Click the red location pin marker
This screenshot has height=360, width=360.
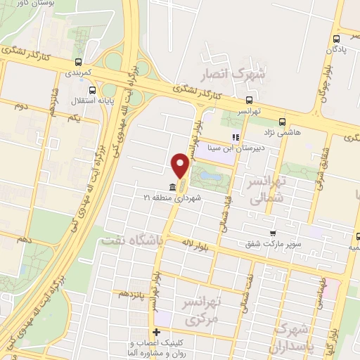pyautogui.click(x=181, y=166)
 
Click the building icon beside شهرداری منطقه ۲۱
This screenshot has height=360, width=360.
pyautogui.click(x=173, y=188)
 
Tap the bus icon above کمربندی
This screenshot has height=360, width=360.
pyautogui.click(x=79, y=61)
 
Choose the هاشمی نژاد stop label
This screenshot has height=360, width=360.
pyautogui.click(x=282, y=131)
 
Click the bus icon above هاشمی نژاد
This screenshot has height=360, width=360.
pyautogui.click(x=282, y=120)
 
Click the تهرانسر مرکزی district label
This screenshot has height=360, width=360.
pyautogui.click(x=202, y=311)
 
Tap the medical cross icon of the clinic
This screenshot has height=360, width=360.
pyautogui.click(x=155, y=332)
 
